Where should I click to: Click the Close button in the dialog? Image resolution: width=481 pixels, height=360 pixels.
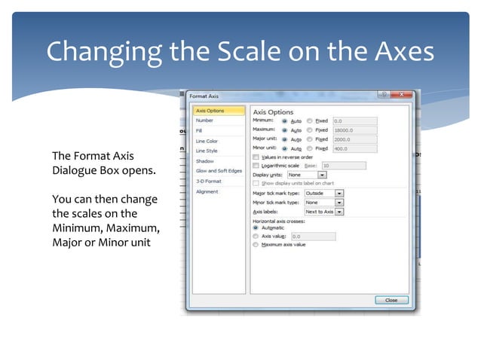391,300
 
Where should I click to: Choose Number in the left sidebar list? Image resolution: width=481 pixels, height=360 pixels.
204,121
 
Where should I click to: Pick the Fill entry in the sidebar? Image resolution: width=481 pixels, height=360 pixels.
199,131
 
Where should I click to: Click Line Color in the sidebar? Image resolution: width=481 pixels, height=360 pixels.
207,141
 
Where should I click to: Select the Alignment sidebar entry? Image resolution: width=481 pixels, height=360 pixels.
207,191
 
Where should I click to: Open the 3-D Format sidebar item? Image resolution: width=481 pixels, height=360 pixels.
208,181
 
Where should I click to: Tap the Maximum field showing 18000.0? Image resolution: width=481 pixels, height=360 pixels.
354,130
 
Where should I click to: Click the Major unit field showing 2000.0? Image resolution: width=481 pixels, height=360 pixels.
354,139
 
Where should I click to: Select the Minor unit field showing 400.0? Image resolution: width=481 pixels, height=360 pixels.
354,148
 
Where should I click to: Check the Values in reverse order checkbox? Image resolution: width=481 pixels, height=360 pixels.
256,157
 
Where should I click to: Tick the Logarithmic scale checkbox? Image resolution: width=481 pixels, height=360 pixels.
256,165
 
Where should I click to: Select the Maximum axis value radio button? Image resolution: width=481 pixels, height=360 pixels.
256,245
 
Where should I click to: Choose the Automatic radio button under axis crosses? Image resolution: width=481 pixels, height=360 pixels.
256,227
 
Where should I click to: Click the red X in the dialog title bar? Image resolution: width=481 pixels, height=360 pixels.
405,95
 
